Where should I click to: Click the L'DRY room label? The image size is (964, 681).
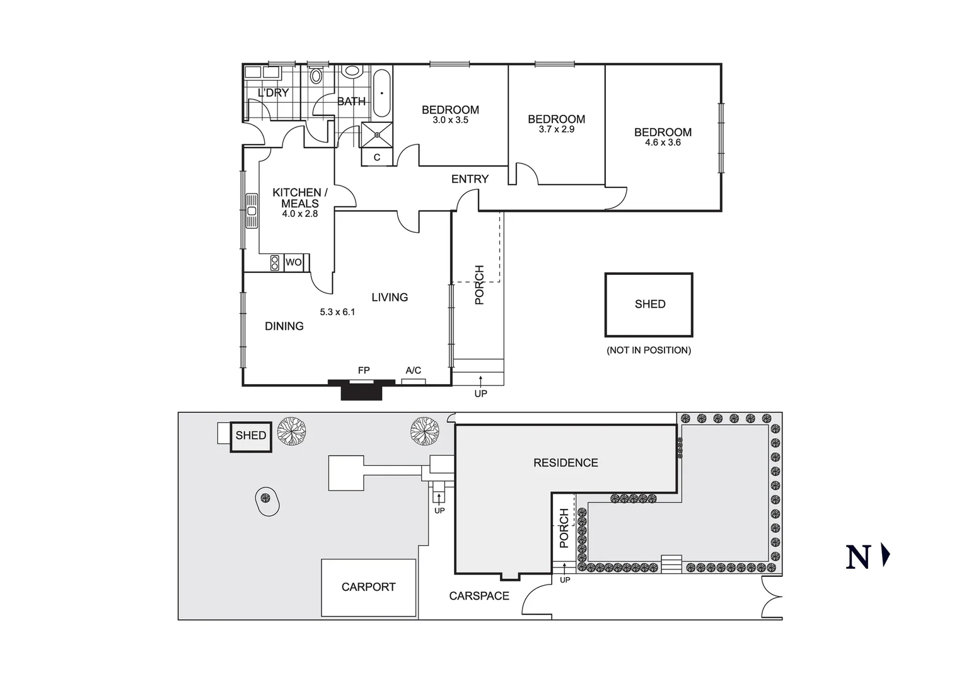pyautogui.click(x=273, y=93)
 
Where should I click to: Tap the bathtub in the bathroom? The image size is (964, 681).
pyautogui.click(x=381, y=93)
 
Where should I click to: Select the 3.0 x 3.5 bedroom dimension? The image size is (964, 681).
pyautogui.click(x=450, y=120)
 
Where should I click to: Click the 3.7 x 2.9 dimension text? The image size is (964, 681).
pyautogui.click(x=556, y=130)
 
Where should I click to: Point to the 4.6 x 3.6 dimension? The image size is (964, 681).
pyautogui.click(x=663, y=143)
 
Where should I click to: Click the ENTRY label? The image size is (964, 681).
pyautogui.click(x=470, y=179)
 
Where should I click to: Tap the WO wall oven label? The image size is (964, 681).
pyautogui.click(x=294, y=262)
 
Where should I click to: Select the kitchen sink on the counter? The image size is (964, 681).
pyautogui.click(x=252, y=211)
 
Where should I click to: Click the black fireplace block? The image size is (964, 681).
pyautogui.click(x=362, y=391)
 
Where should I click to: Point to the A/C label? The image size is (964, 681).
pyautogui.click(x=413, y=371)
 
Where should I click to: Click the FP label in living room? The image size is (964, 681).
pyautogui.click(x=364, y=371)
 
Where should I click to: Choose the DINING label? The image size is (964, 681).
pyautogui.click(x=284, y=326)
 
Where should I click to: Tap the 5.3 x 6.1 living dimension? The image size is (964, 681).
pyautogui.click(x=337, y=312)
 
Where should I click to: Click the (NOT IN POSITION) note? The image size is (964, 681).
pyautogui.click(x=649, y=350)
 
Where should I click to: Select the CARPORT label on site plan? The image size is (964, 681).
pyautogui.click(x=368, y=587)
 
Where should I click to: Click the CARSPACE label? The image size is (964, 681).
pyautogui.click(x=479, y=596)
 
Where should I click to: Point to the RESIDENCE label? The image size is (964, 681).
pyautogui.click(x=566, y=463)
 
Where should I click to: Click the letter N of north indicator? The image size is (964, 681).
pyautogui.click(x=858, y=557)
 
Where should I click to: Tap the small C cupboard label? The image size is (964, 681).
pyautogui.click(x=377, y=158)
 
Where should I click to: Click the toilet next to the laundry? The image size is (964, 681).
pyautogui.click(x=316, y=76)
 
